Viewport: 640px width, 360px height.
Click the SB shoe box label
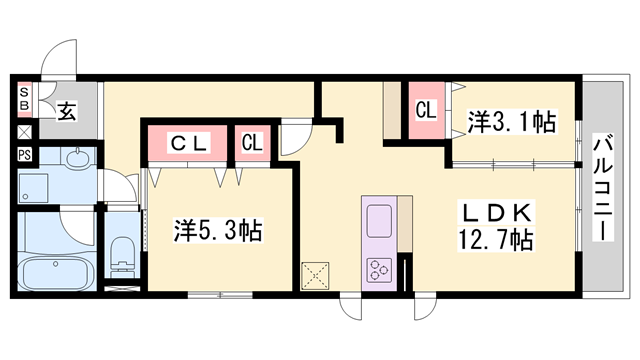click(x=24, y=101)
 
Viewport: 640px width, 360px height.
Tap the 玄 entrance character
click(x=66, y=111)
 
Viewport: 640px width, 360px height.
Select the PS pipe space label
click(x=24, y=155)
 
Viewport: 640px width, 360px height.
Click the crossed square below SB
click(x=24, y=130)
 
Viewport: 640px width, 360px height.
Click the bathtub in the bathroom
click(x=56, y=271)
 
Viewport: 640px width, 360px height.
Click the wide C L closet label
click(x=188, y=143)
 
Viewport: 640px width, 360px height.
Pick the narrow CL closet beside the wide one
click(x=252, y=142)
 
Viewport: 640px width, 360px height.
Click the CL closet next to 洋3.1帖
click(x=425, y=110)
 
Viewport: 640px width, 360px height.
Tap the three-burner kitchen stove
click(x=381, y=269)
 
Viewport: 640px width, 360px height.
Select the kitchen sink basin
click(x=381, y=220)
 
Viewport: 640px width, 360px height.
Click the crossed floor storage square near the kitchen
click(x=316, y=275)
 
